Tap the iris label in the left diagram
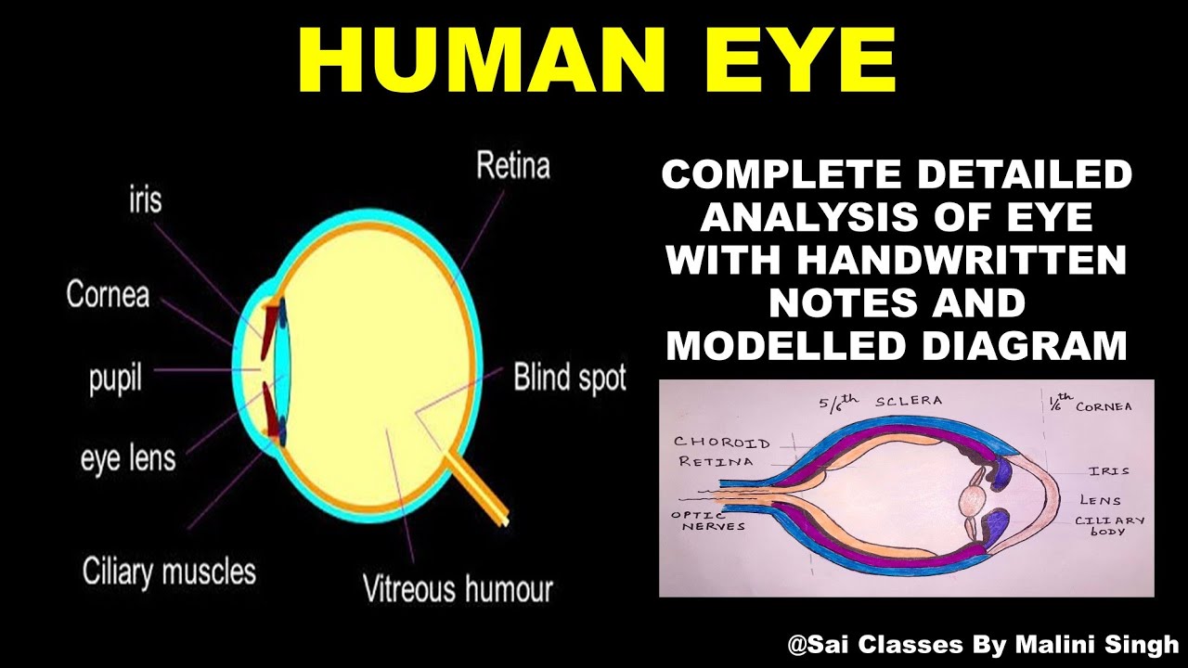[144, 198]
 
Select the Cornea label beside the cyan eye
[108, 295]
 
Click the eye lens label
[127, 458]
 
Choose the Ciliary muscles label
[169, 571]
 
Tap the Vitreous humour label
[458, 588]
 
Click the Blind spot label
[570, 378]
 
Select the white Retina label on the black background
[512, 166]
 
